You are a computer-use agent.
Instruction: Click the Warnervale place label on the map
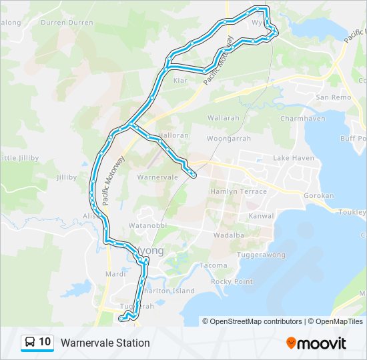(157, 178)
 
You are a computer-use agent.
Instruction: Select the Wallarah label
(223, 118)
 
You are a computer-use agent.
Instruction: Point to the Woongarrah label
(228, 139)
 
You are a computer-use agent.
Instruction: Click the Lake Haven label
(293, 158)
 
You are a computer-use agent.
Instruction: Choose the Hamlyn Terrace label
(238, 191)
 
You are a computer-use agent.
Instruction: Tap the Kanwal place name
(262, 216)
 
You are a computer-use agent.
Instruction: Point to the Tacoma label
(213, 266)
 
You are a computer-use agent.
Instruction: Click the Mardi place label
(115, 274)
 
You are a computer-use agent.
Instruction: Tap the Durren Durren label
(67, 22)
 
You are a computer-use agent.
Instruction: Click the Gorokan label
(318, 197)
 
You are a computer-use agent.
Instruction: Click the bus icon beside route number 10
(30, 343)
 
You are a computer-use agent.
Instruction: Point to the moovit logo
(316, 343)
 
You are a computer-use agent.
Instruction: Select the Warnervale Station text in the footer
(105, 343)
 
